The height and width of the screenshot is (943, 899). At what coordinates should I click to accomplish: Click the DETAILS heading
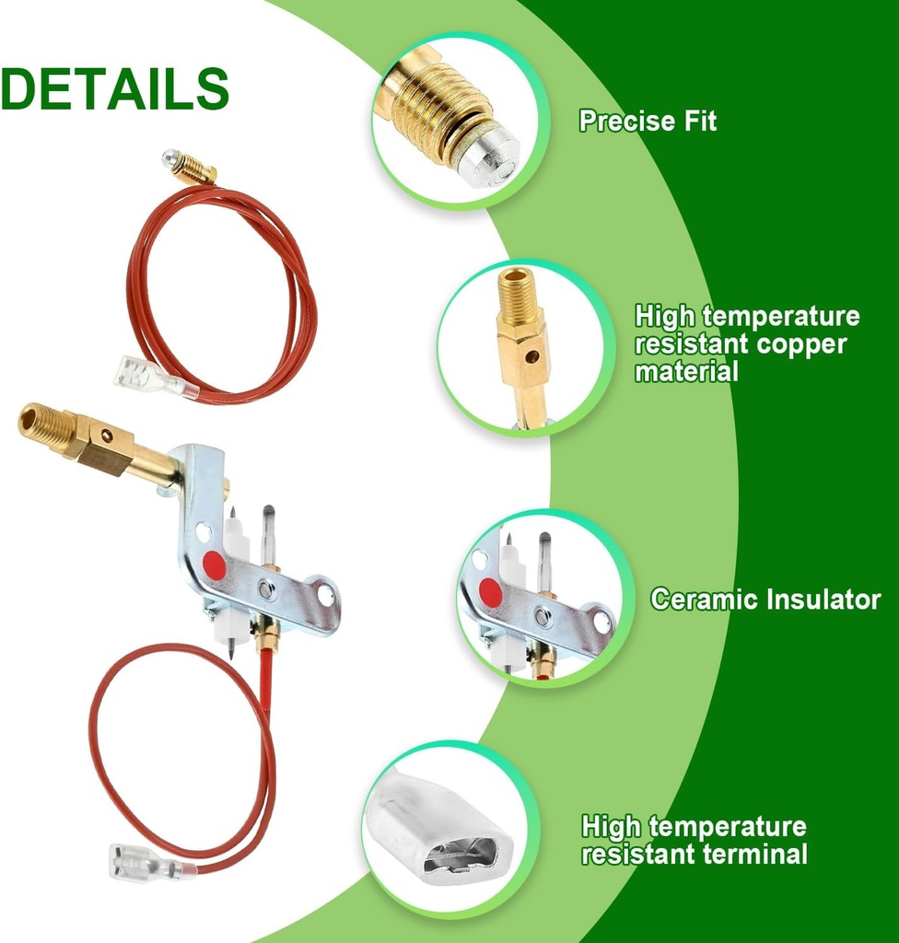coord(115,89)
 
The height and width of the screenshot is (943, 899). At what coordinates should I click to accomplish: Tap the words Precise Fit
coord(648,121)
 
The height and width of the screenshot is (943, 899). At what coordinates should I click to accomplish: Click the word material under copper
coord(686,371)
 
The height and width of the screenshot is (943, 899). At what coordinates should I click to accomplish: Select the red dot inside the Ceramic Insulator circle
coord(491,593)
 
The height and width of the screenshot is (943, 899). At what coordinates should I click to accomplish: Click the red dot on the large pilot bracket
coord(214,565)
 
